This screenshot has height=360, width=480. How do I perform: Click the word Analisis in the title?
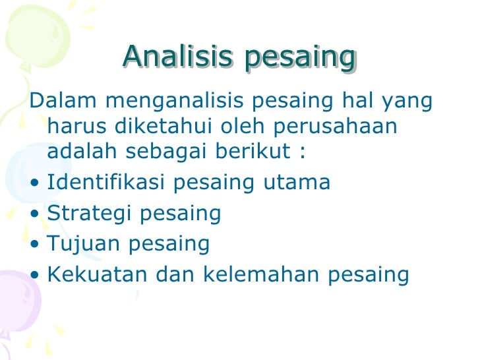177,57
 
